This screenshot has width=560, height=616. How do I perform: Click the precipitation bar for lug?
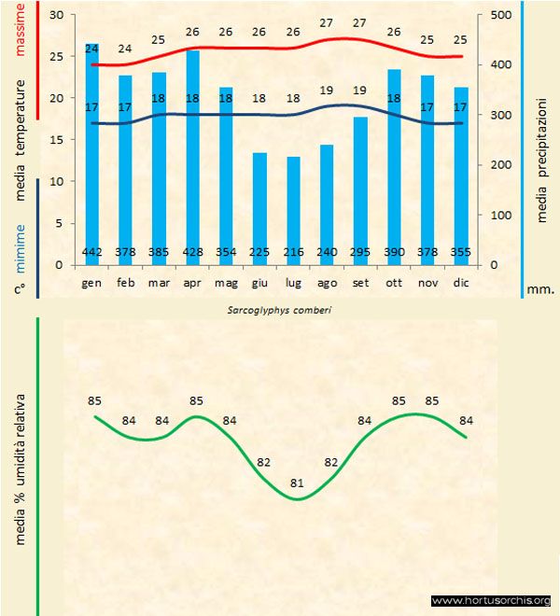tap(293, 210)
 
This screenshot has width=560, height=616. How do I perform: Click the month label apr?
tap(192, 282)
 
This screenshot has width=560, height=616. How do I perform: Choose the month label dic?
tap(461, 282)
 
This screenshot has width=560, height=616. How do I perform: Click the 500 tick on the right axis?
tap(499, 15)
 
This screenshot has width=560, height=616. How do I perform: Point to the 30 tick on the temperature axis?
tap(55, 15)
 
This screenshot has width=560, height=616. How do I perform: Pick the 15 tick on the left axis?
tap(55, 140)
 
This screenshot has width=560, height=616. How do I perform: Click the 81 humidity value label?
tap(298, 483)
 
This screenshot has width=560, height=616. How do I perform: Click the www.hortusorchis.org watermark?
tap(492, 600)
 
